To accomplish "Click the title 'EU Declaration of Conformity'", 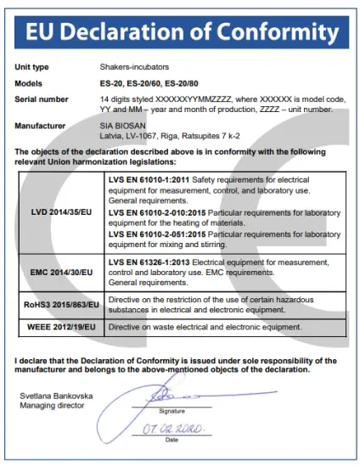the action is [180, 31].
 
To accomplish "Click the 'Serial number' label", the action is [41, 98].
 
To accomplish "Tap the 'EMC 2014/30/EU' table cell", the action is [61, 274].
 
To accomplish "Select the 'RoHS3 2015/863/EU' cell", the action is [61, 303].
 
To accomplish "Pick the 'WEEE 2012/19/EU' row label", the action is [61, 326].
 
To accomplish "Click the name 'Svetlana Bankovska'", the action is [56, 397].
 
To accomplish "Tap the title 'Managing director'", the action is [52, 406].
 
